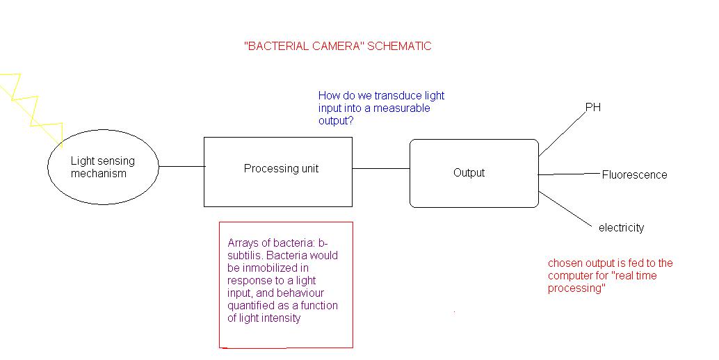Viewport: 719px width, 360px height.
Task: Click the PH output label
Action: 593,108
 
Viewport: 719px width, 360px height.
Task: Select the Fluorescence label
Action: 634,175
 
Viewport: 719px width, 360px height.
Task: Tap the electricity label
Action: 621,228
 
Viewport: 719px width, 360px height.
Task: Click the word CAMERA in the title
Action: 340,47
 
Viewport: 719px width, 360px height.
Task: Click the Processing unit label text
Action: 281,169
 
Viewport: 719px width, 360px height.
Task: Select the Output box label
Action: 469,173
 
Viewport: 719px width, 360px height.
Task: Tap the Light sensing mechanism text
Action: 102,167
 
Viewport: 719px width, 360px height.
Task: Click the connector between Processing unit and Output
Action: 380,168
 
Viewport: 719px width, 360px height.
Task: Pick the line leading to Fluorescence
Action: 568,174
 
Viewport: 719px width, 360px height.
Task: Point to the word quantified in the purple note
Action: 251,306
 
